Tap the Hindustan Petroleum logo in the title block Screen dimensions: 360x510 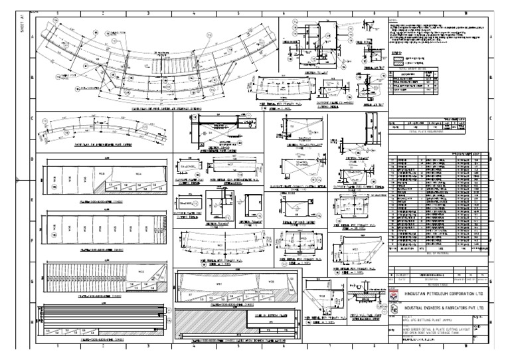pos(393,294)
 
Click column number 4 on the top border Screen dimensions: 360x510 pos(193,13)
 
